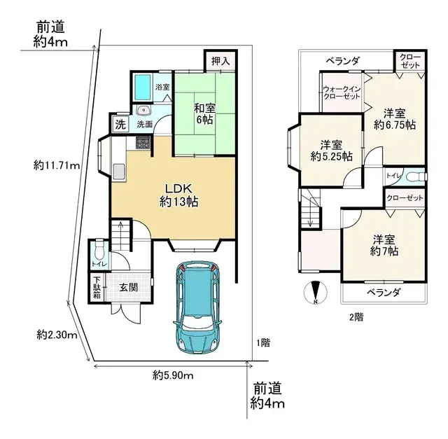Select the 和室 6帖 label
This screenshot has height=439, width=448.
click(205, 113)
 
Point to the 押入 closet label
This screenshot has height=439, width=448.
click(220, 62)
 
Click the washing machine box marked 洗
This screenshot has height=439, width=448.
click(120, 126)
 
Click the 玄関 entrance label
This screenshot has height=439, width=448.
click(127, 287)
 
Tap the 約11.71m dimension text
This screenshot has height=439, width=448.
click(56, 166)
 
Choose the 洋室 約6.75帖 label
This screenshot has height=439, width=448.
click(394, 119)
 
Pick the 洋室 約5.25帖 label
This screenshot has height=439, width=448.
click(330, 151)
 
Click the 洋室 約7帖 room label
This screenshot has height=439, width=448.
click(384, 244)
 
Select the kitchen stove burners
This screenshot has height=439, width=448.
click(144, 143)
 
